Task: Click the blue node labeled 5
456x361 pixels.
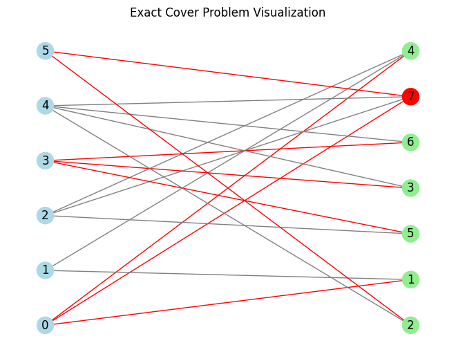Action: point(45,50)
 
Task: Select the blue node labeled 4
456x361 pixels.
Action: point(45,106)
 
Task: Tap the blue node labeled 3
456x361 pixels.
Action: point(45,160)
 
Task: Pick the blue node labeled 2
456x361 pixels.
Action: point(45,215)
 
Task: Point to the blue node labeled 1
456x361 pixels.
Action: point(45,270)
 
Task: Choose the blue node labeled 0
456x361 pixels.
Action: point(45,325)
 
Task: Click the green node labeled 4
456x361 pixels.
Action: point(410,50)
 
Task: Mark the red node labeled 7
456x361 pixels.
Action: point(410,96)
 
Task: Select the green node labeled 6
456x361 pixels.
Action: point(410,142)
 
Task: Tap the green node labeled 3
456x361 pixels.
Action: point(410,187)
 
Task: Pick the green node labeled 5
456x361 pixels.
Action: point(410,233)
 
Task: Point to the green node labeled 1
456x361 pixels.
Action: point(410,279)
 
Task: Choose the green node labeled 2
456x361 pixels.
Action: point(410,325)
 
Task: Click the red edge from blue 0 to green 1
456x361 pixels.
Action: point(228,302)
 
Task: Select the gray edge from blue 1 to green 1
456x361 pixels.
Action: point(228,275)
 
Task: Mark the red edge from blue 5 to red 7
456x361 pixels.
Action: point(228,73)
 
